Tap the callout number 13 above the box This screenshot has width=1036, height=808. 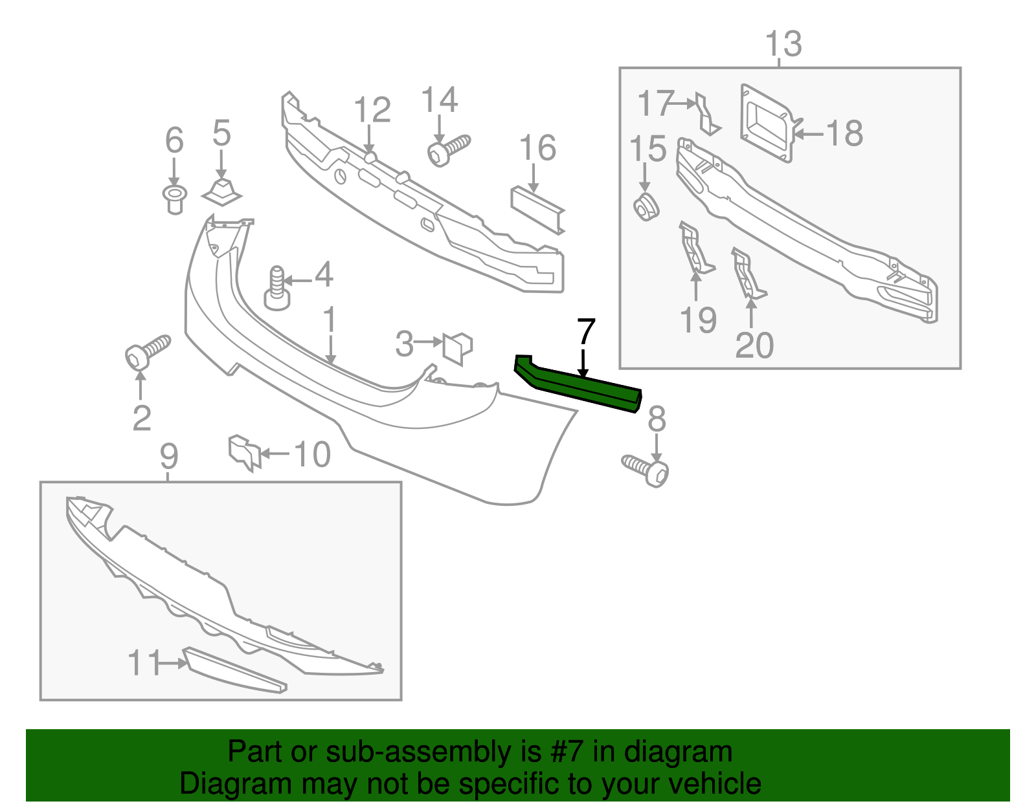tap(783, 44)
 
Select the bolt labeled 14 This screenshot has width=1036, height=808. tap(449, 150)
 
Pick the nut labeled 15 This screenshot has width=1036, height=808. tap(646, 207)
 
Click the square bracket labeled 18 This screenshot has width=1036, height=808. tap(767, 124)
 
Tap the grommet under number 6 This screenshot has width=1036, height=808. tap(174, 200)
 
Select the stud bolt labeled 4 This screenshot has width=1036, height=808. tap(277, 289)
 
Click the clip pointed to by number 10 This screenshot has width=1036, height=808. tap(245, 452)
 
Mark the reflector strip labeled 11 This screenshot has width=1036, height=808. tap(235, 670)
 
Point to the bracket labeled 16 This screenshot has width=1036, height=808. tap(538, 210)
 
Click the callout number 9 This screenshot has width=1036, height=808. tap(169, 457)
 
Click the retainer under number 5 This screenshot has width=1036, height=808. tap(221, 192)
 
